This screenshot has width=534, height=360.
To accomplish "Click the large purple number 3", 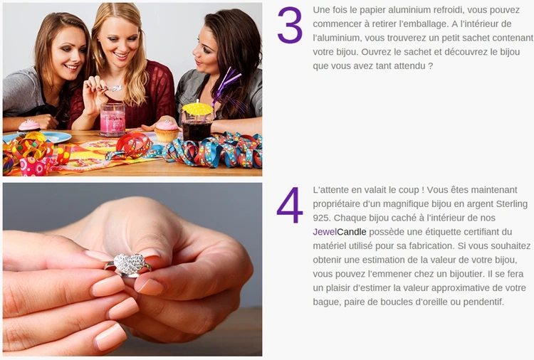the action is [290, 25].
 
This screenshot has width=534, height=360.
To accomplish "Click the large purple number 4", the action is [290, 205].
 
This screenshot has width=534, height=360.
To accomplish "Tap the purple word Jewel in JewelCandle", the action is [325, 232].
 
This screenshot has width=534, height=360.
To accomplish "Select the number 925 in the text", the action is [320, 218].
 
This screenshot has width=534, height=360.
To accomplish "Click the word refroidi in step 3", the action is [448, 10].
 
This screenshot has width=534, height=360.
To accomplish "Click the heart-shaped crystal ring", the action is [129, 265].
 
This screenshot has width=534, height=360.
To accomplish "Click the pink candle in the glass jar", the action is [112, 120].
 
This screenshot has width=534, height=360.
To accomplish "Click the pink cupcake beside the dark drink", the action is [167, 132].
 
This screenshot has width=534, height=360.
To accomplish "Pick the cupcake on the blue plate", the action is [28, 127].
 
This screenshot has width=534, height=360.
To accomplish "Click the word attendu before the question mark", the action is [409, 66].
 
